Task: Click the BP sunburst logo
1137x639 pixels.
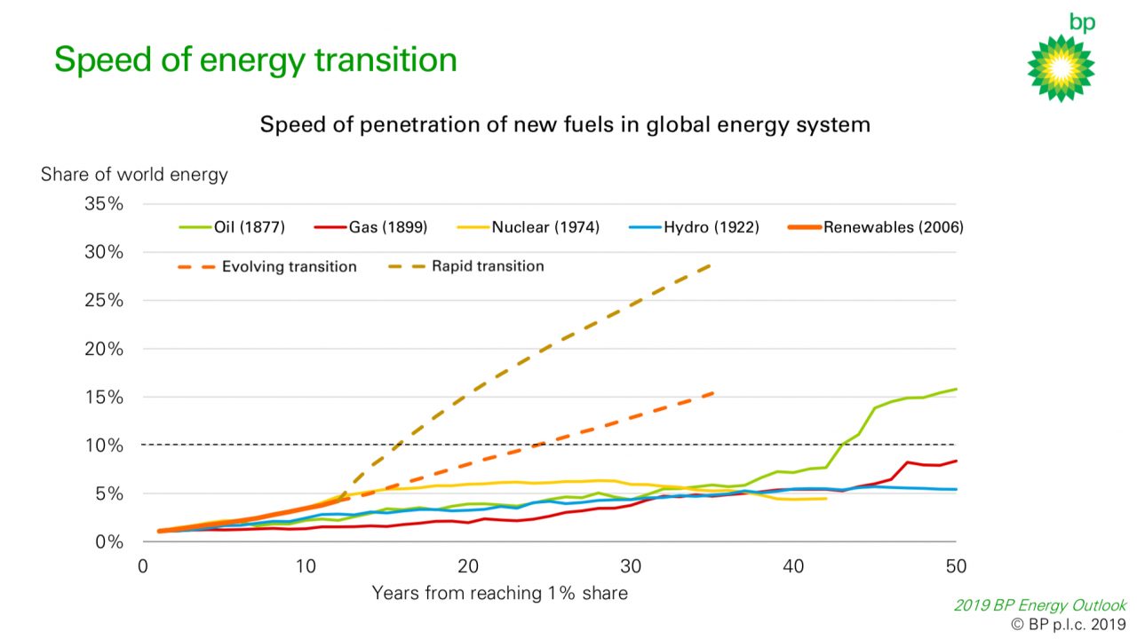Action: pyautogui.click(x=1061, y=68)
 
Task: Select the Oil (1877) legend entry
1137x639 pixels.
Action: pyautogui.click(x=232, y=226)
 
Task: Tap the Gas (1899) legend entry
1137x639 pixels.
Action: pyautogui.click(x=370, y=226)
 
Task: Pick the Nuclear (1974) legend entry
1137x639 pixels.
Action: pyautogui.click(x=528, y=226)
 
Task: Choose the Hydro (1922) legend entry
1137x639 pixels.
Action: pyautogui.click(x=694, y=226)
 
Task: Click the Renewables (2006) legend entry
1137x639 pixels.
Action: pyautogui.click(x=875, y=226)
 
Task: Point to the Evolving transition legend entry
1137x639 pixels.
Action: pyautogui.click(x=267, y=266)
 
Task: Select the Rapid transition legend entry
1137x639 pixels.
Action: pyautogui.click(x=466, y=265)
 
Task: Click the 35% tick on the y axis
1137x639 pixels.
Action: pyautogui.click(x=104, y=204)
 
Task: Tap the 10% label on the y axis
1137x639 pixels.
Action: pyautogui.click(x=104, y=446)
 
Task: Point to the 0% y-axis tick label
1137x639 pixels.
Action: pyautogui.click(x=108, y=541)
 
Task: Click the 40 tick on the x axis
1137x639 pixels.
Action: pyautogui.click(x=793, y=566)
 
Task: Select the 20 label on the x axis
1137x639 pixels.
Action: pyautogui.click(x=468, y=566)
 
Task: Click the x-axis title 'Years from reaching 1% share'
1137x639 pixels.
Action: pyautogui.click(x=499, y=593)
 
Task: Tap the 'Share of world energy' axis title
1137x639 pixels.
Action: pyautogui.click(x=134, y=175)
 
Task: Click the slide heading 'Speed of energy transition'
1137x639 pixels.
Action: pyautogui.click(x=255, y=59)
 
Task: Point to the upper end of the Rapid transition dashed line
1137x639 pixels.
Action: pyautogui.click(x=710, y=265)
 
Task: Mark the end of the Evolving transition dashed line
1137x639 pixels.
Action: pyautogui.click(x=713, y=393)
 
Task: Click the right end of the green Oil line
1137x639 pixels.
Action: pyautogui.click(x=957, y=389)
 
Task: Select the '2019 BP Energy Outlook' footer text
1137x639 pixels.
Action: pyautogui.click(x=1040, y=605)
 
